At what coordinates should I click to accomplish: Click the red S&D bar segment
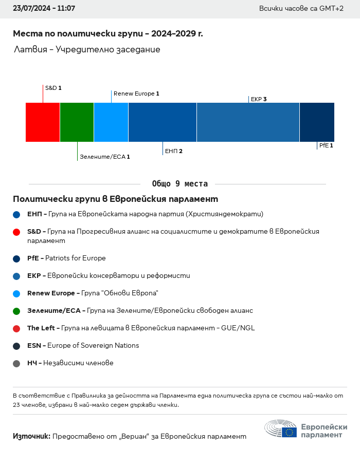[x=43, y=122]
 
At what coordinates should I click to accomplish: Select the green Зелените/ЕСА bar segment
[x=77, y=122]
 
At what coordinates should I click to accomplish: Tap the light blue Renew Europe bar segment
[x=111, y=122]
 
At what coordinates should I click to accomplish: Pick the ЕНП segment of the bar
[x=163, y=122]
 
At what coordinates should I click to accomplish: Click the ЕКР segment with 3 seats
[x=248, y=122]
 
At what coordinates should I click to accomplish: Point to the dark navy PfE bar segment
[x=317, y=122]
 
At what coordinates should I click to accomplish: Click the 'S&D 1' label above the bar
[x=53, y=88]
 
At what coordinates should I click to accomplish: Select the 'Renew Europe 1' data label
[x=136, y=93]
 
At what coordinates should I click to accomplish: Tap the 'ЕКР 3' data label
[x=259, y=99]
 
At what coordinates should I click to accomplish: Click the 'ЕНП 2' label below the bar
[x=174, y=151]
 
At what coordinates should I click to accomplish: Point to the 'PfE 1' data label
[x=326, y=145]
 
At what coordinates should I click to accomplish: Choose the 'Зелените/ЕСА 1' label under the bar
[x=105, y=157]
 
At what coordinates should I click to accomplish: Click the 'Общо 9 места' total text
[x=180, y=184]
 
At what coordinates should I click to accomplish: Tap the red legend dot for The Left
[x=16, y=328]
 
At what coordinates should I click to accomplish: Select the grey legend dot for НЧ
[x=16, y=363]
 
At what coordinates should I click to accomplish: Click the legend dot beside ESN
[x=16, y=346]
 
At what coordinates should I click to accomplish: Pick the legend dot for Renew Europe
[x=16, y=293]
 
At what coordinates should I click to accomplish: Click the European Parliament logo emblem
[x=281, y=429]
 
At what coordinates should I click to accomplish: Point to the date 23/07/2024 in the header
[x=30, y=9]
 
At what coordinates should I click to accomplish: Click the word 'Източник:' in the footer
[x=31, y=436]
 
